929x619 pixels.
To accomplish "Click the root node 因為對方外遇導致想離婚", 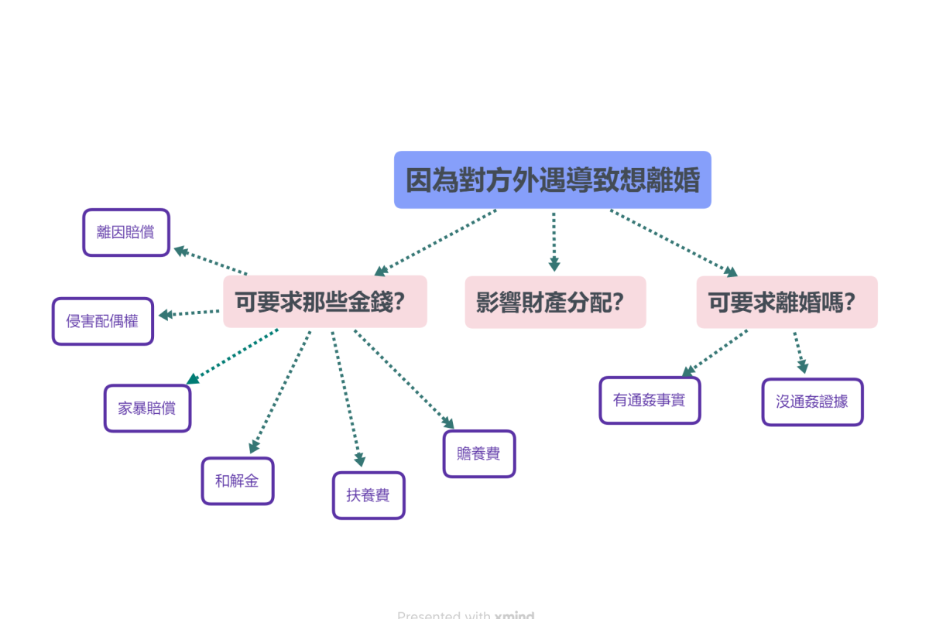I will click(x=552, y=180).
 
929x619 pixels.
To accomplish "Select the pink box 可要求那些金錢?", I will click(x=325, y=302).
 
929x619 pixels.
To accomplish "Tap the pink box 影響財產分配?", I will click(x=555, y=302).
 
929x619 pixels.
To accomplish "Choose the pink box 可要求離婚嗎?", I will click(x=787, y=302).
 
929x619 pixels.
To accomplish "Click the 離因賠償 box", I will click(x=126, y=232).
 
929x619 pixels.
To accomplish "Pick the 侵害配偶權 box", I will click(x=103, y=320).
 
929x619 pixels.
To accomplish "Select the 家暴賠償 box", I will click(x=147, y=408).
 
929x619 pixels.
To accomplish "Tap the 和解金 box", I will click(x=238, y=480).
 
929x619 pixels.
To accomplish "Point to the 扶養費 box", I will click(x=369, y=495).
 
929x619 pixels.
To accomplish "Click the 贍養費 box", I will click(x=479, y=453).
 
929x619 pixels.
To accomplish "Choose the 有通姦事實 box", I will click(x=650, y=400).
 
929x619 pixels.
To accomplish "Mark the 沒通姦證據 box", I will click(x=812, y=402).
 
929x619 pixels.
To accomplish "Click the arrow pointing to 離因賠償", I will click(x=210, y=261).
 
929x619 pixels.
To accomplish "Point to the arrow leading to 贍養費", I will click(x=403, y=378).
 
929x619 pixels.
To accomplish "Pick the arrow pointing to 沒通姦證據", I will click(x=800, y=353).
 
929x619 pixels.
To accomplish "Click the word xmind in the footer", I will click(x=514, y=615).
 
